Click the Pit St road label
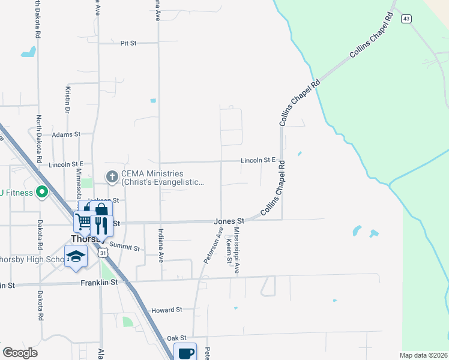[x=128, y=43]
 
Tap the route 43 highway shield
[x=406, y=19]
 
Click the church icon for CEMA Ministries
[x=112, y=177]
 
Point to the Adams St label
[x=65, y=134]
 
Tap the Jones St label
[x=228, y=221]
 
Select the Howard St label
[x=166, y=310]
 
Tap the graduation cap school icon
[x=76, y=256]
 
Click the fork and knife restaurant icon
[x=100, y=226]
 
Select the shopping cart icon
[x=83, y=221]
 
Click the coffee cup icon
[x=185, y=352]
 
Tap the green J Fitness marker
[x=42, y=193]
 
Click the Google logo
[x=20, y=353]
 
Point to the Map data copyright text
[x=424, y=355]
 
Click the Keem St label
[x=229, y=251]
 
